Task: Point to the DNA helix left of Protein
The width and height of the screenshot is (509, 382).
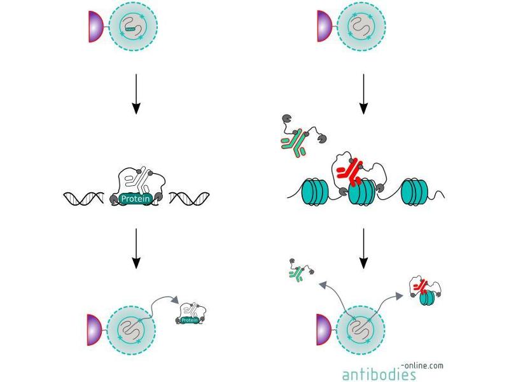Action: pyautogui.click(x=85, y=198)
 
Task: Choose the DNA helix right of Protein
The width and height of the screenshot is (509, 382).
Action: pyautogui.click(x=188, y=198)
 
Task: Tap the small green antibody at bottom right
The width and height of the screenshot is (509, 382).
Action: pyautogui.click(x=295, y=274)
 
